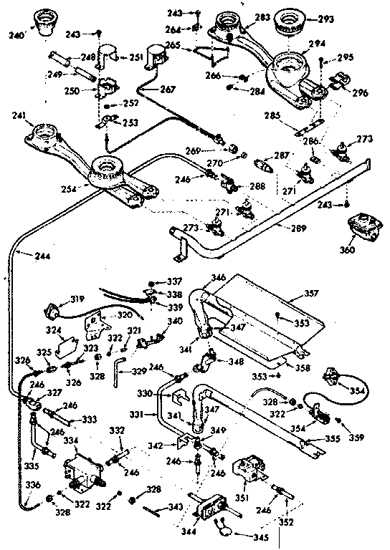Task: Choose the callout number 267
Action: [167, 90]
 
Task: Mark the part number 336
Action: [10, 486]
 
